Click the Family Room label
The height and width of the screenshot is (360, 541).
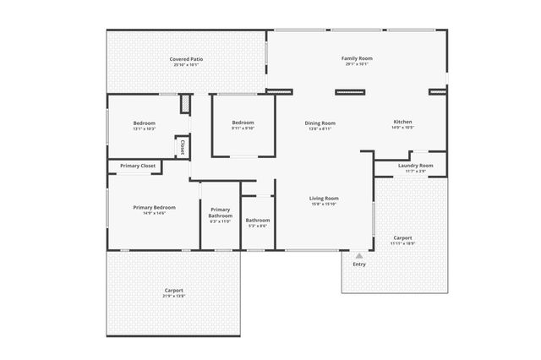point(357,58)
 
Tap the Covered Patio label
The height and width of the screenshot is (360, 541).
point(187,59)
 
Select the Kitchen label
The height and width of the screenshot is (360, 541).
point(402,122)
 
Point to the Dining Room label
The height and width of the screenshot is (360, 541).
point(320,123)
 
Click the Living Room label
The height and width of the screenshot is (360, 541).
point(324,198)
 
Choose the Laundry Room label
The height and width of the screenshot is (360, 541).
point(415,166)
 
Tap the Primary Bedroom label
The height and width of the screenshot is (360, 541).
point(154,207)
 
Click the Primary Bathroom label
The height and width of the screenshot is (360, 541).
point(220,212)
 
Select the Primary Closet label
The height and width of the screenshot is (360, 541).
point(137,166)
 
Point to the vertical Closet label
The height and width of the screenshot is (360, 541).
point(182,147)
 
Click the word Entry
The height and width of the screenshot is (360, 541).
point(359,265)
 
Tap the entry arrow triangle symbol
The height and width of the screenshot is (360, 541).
point(359,254)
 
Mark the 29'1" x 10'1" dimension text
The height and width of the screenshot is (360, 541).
point(357,64)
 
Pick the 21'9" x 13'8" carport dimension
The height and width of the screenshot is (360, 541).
point(172,297)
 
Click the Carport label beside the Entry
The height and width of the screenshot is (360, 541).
point(402,238)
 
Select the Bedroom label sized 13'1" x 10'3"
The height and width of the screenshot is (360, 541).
point(145,123)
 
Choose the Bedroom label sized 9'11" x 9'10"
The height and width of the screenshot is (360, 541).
point(243,123)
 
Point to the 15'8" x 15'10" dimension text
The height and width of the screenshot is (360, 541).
point(324,204)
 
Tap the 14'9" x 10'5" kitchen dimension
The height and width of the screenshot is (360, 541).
point(402,128)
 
